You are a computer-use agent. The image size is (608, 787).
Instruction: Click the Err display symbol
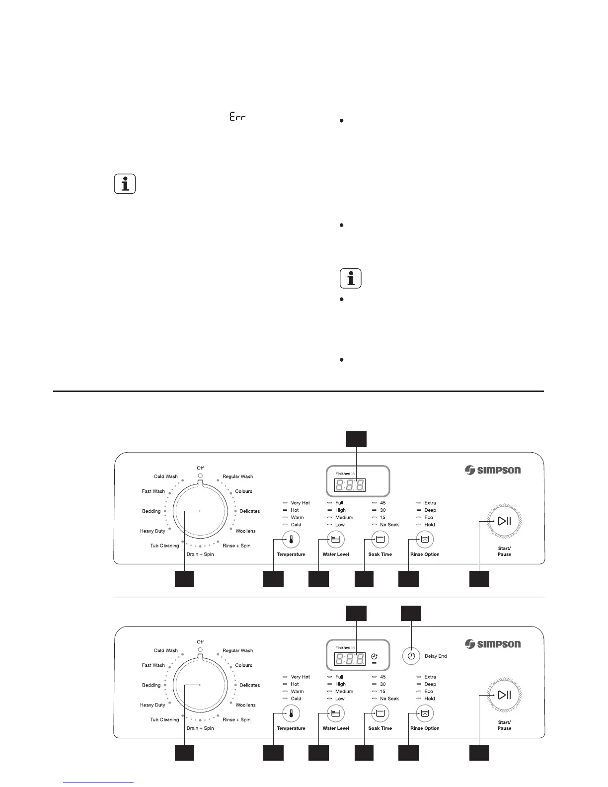238,117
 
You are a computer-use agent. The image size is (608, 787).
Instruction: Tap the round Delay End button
411,656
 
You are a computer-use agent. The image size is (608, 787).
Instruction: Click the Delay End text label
436,656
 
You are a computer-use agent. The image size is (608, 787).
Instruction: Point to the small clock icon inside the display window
374,656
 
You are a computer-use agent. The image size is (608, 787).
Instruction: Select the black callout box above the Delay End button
411,613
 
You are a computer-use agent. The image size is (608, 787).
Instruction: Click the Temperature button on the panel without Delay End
291,539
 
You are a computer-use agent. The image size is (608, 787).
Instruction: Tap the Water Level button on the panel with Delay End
336,713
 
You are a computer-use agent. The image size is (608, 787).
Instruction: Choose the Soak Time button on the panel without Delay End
380,539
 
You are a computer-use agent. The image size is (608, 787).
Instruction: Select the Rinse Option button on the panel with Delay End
425,713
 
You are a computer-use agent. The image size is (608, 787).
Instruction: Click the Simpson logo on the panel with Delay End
493,644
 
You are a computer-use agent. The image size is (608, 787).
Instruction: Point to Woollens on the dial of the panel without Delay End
245,531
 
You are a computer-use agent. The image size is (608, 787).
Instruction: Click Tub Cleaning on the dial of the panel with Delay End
164,719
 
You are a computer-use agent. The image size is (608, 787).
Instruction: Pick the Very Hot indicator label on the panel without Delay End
300,503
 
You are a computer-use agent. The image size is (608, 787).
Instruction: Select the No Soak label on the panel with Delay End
389,699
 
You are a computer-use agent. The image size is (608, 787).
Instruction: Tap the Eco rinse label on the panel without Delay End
429,517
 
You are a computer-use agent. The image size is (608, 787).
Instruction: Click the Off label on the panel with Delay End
200,642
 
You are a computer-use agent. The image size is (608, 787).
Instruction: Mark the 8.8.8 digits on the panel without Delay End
351,485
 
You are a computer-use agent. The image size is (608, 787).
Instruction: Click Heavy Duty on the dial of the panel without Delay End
152,531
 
